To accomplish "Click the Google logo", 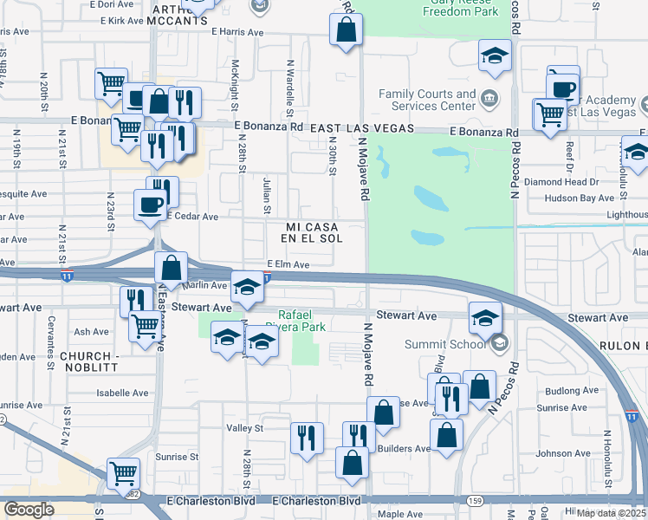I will (29, 509).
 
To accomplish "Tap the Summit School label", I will (449, 344).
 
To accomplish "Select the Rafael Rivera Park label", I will (301, 321).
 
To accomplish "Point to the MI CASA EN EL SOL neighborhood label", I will (314, 231).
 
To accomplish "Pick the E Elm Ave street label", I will (288, 264).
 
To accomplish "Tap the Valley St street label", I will (244, 428).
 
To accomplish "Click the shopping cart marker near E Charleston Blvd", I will (125, 474).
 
